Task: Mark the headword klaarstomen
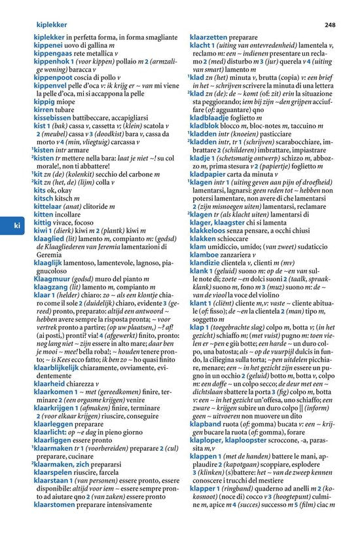(56, 506)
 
